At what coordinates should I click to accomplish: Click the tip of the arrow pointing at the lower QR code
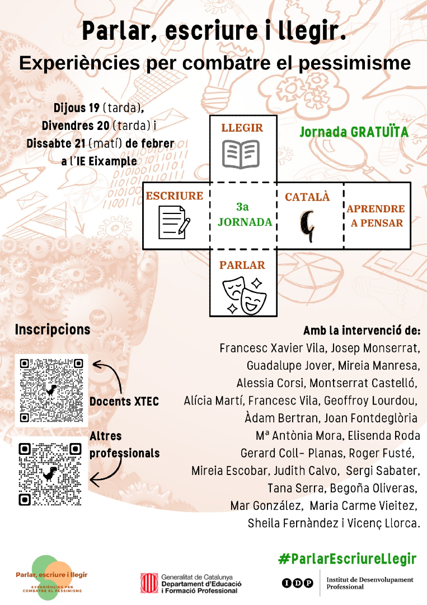pos(90,481)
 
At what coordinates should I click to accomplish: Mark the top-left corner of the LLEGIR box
pos(210,115)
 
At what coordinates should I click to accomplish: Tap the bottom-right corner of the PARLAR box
pos(277,317)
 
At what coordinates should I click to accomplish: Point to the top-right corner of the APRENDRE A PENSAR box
pos(410,183)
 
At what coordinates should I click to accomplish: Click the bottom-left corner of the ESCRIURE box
pos(143,249)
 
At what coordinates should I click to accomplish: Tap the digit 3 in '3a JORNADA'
pos(239,207)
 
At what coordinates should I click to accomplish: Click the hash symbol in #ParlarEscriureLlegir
pos(284,559)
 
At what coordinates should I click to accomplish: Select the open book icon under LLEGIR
pos(241,155)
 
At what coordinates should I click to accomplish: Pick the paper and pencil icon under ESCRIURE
pos(174,222)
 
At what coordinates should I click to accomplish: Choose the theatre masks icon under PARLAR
pos(245,295)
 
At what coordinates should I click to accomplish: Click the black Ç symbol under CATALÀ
pos(307,226)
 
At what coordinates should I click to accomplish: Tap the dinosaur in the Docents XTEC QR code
pos(51,390)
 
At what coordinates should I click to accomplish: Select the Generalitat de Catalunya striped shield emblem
pos(149,583)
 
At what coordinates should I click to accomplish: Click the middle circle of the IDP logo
pos(298,583)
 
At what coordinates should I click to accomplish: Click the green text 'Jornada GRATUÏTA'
pos(354,132)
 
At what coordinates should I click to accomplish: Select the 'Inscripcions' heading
pos(53,329)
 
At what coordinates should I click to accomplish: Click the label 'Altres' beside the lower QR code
pos(106,436)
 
